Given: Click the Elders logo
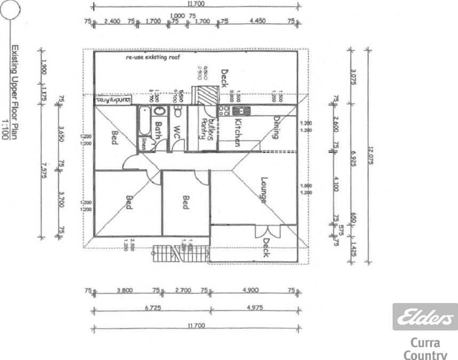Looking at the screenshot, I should tap(425, 317).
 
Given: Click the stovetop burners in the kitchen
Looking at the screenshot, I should tap(225, 110).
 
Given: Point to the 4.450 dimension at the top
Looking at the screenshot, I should tap(258, 21).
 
